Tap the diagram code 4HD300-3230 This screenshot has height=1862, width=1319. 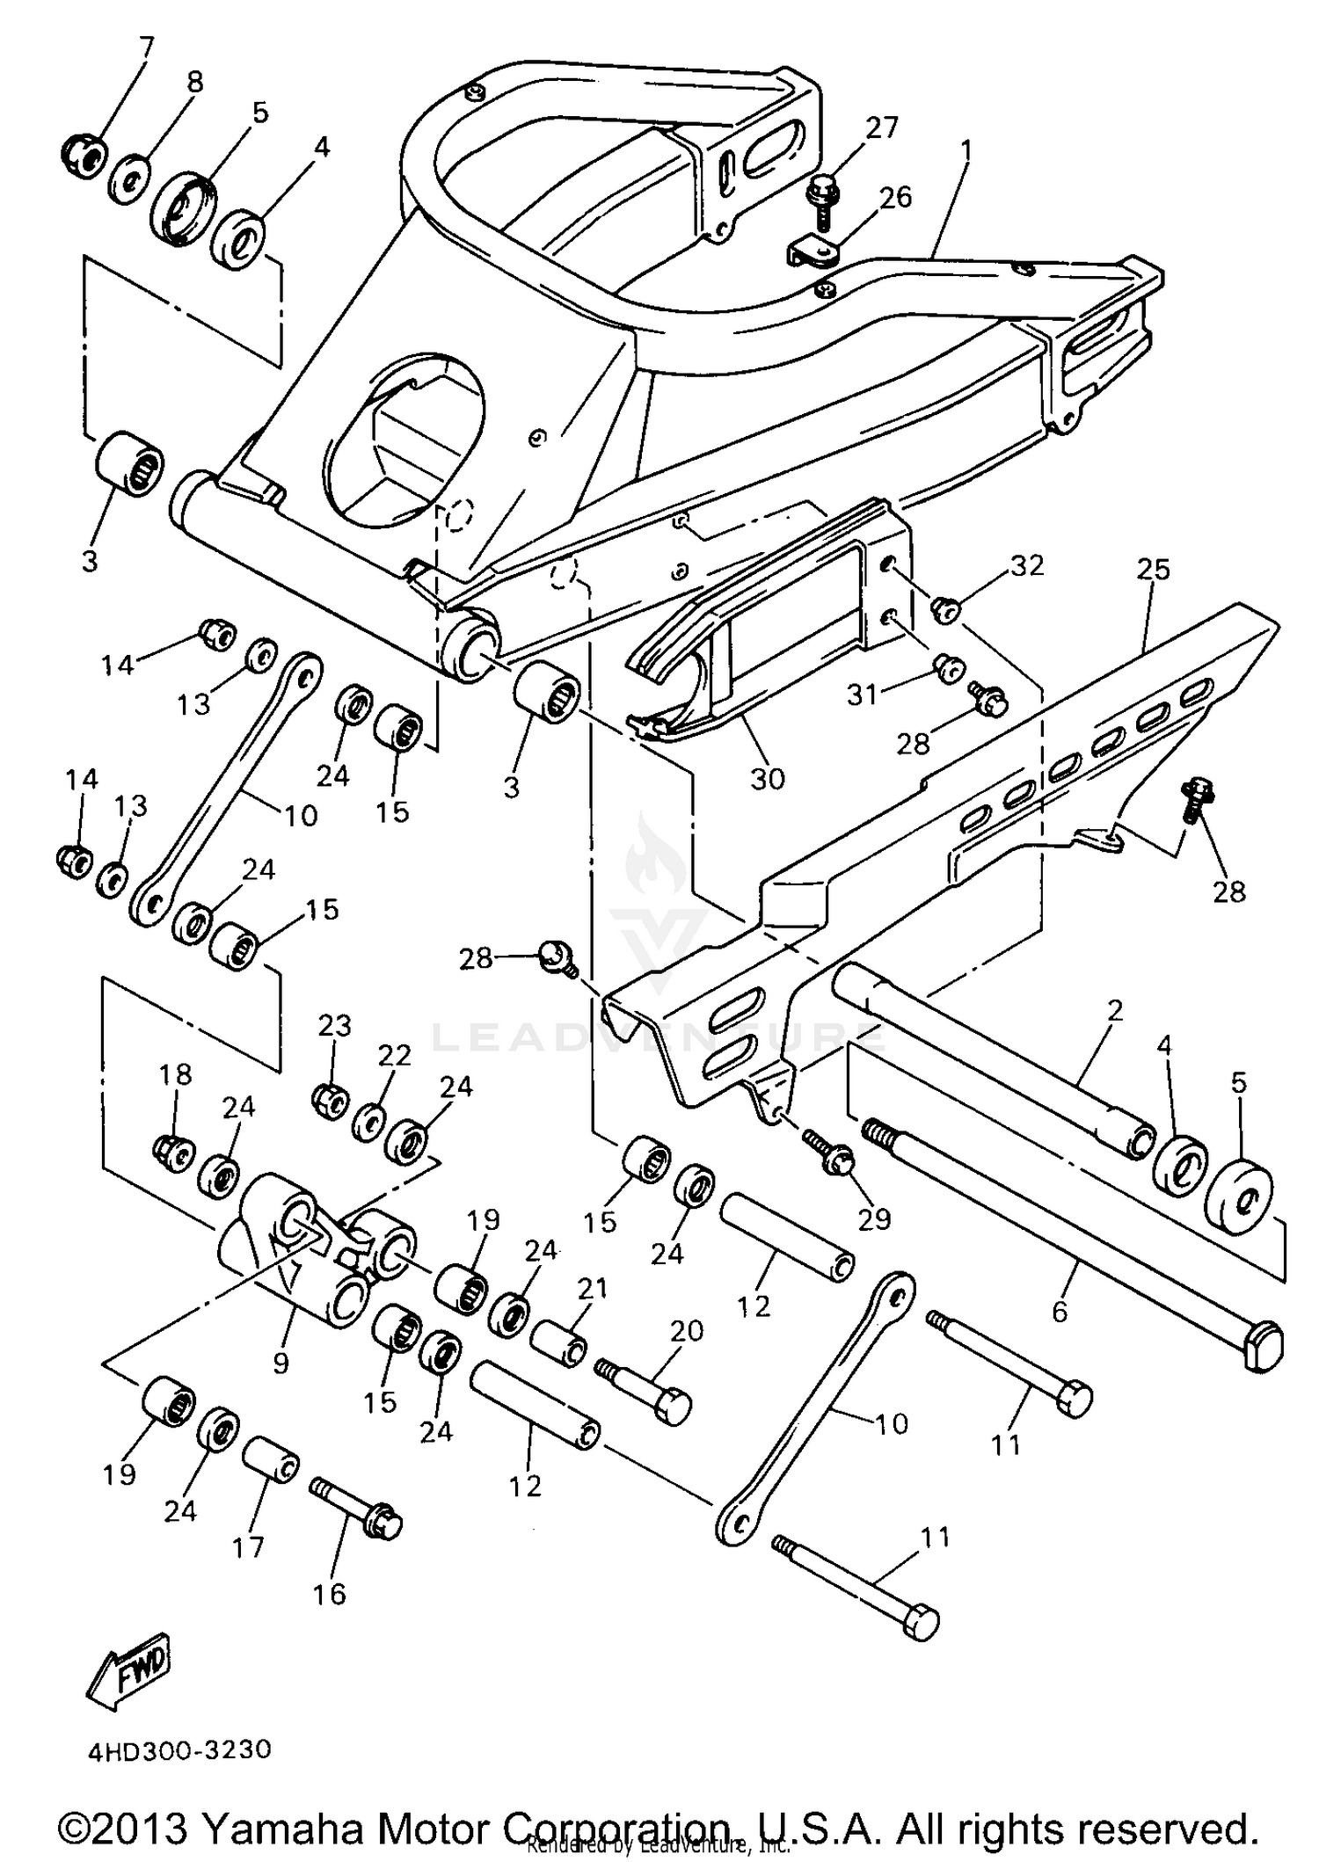pyautogui.click(x=179, y=1749)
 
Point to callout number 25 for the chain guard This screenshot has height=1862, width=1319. pyautogui.click(x=1153, y=570)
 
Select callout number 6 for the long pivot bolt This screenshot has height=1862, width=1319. pyautogui.click(x=1060, y=1312)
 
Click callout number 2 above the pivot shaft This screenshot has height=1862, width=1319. pyautogui.click(x=1114, y=1010)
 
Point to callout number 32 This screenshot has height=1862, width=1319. pyautogui.click(x=1026, y=565)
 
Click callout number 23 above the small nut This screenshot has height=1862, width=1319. pyautogui.click(x=334, y=1025)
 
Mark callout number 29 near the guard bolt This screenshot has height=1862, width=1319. pyautogui.click(x=874, y=1218)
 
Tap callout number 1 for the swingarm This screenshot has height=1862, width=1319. pyautogui.click(x=966, y=150)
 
